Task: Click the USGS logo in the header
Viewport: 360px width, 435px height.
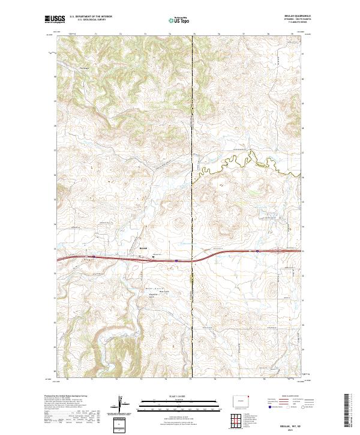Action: [x=55, y=20]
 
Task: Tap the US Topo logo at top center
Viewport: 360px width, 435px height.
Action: [x=179, y=20]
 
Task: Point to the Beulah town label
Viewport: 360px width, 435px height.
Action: [x=143, y=248]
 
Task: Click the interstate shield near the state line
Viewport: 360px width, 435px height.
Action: [x=177, y=261]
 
